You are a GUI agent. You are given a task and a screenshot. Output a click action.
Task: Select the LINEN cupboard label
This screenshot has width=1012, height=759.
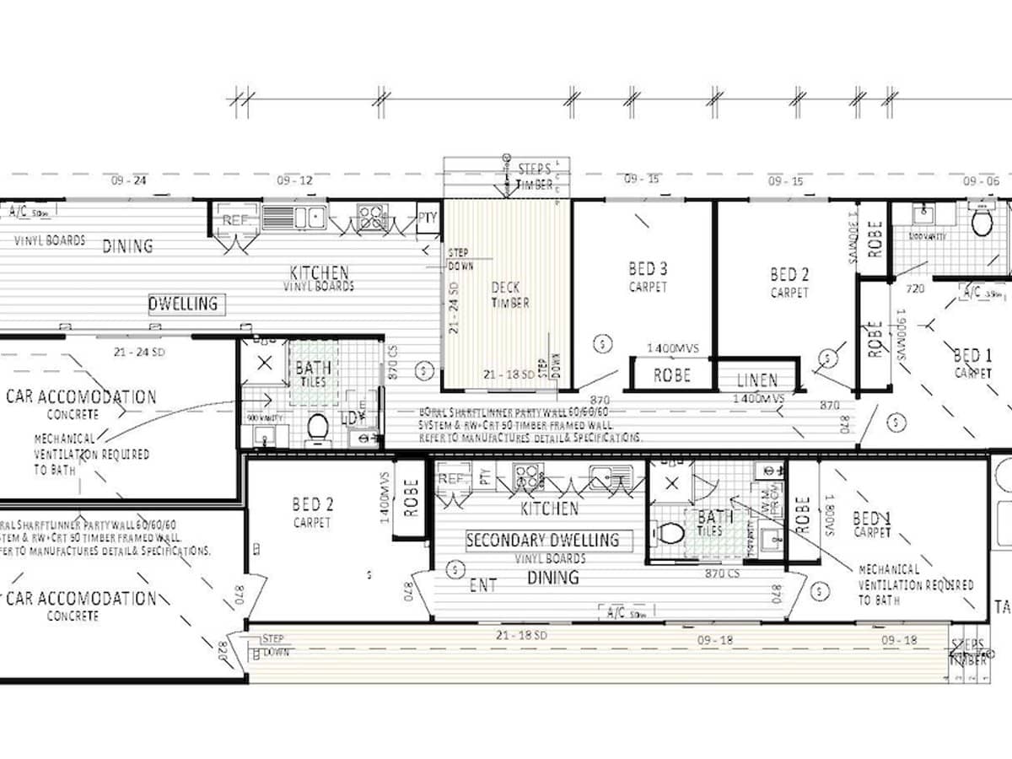(756, 380)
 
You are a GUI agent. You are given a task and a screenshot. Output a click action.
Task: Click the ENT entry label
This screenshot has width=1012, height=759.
(482, 584)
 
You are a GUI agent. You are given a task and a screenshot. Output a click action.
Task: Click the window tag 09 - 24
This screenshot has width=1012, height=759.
(129, 180)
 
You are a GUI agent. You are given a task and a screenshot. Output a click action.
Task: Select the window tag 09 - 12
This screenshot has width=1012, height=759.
(294, 180)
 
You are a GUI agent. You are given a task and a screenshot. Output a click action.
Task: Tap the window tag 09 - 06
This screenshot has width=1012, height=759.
(981, 180)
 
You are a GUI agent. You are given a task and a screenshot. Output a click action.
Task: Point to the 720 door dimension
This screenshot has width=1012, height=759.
(917, 288)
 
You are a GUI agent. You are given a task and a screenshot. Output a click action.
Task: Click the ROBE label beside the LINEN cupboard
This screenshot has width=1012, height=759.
(671, 375)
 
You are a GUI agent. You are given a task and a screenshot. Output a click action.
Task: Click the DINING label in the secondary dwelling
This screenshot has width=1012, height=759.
(553, 578)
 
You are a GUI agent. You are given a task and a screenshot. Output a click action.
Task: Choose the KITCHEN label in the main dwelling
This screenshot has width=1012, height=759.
(319, 272)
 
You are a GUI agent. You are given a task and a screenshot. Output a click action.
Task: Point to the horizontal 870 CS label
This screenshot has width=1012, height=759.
(723, 573)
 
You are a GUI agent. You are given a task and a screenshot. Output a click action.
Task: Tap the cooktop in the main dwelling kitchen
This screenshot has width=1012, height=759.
(372, 218)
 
